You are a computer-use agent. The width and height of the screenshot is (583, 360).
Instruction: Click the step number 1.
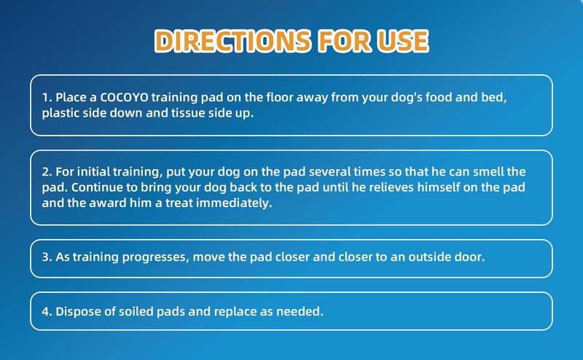(x=45, y=98)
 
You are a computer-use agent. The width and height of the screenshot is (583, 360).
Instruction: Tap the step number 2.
(x=45, y=172)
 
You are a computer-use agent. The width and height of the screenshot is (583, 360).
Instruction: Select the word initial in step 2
(x=96, y=172)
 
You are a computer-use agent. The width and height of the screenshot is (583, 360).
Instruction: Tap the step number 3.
(x=45, y=259)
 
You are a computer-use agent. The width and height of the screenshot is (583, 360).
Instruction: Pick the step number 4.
(x=45, y=311)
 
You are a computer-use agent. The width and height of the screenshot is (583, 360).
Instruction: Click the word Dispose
(x=76, y=311)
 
